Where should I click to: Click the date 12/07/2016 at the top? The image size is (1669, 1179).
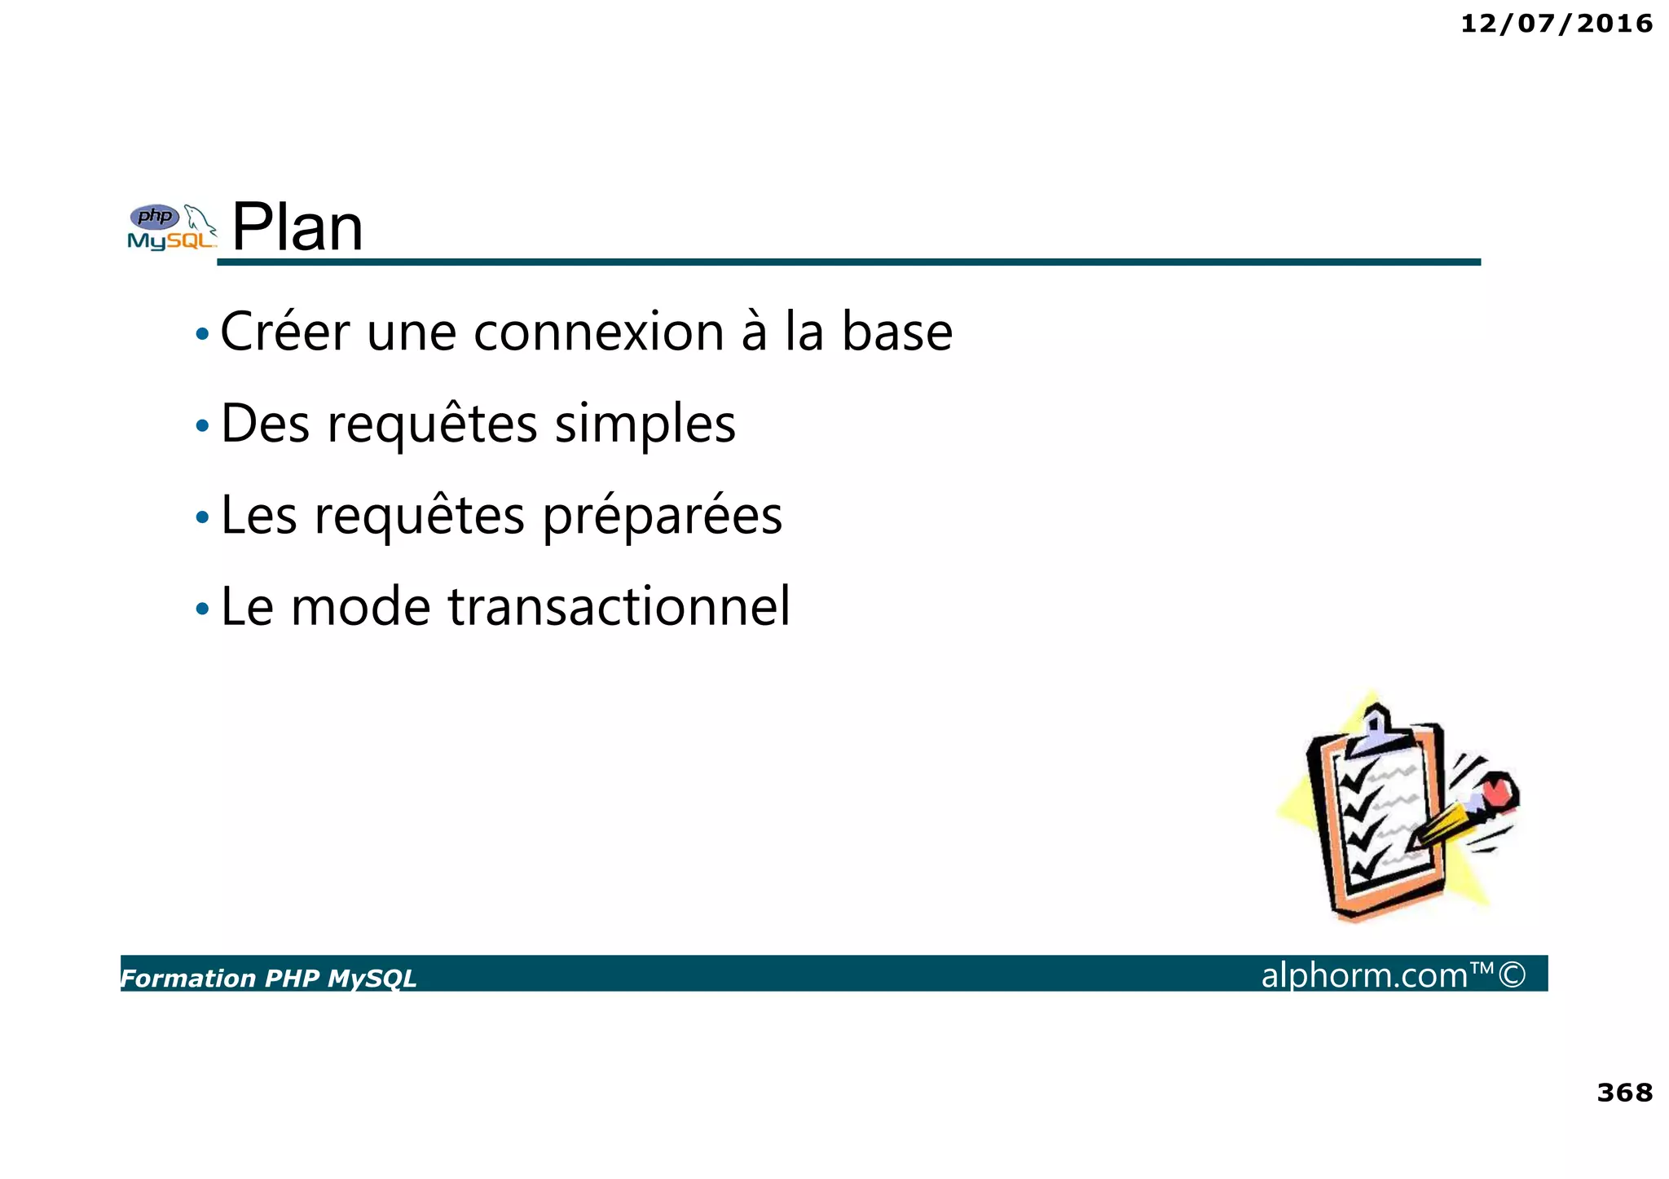[1556, 24]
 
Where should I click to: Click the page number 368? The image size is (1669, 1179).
[1624, 1092]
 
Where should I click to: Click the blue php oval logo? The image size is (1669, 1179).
[155, 217]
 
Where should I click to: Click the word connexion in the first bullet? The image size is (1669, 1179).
[598, 332]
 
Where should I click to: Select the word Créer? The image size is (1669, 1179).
[284, 332]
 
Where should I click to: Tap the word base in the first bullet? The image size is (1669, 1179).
[896, 332]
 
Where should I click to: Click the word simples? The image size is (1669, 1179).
[645, 425]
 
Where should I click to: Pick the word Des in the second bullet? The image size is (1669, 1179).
[265, 425]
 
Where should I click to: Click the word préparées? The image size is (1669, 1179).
[662, 517]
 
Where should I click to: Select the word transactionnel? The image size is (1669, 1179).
[619, 607]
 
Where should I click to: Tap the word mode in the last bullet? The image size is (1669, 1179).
[360, 607]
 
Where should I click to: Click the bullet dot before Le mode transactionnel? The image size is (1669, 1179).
[202, 609]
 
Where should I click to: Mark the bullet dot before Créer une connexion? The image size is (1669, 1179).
[202, 334]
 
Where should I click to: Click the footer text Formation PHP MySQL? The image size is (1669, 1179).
[269, 978]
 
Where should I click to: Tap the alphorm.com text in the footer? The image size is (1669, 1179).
[1364, 974]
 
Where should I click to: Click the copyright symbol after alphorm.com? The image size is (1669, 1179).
[1512, 974]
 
